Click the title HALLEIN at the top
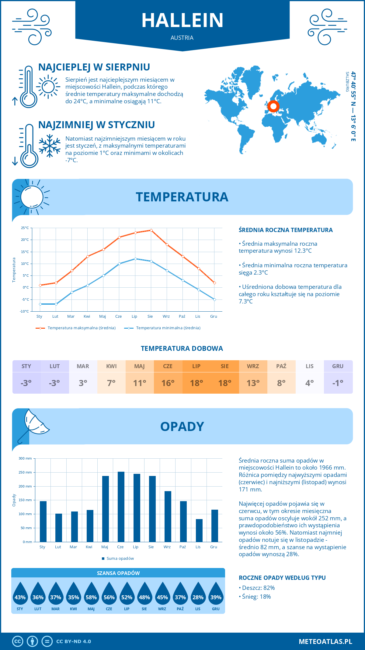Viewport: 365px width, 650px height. coord(182,20)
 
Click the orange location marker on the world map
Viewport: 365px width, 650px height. coord(273,106)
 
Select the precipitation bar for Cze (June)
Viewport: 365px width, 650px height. coord(121,507)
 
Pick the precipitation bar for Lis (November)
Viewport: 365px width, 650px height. coord(199,530)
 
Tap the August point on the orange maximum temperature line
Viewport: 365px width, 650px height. coord(151,230)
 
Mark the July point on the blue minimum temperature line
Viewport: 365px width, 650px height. coord(135,259)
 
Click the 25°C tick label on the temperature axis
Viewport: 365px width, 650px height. coord(25,228)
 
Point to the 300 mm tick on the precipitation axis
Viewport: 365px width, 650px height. coord(26,458)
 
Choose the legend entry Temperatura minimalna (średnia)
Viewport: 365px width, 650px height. coord(168,328)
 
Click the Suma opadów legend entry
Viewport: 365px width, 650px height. coord(120,559)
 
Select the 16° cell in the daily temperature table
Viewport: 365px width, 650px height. coord(168,383)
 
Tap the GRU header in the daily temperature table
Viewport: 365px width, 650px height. coord(338,366)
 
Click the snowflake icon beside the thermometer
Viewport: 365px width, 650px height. coord(50,146)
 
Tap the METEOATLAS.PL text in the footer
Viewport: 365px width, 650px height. coord(325,641)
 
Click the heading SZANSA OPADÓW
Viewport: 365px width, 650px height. coord(118,573)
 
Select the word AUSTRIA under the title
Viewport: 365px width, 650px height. coord(182,38)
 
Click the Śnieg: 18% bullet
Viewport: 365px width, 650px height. coord(256,597)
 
